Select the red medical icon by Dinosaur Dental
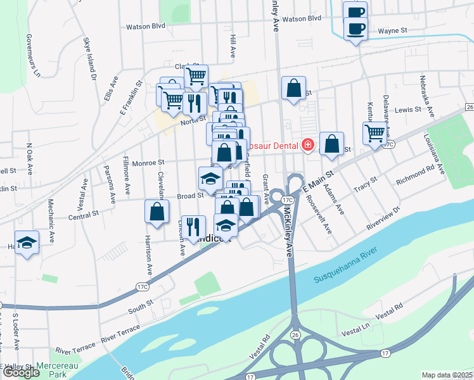tap(308, 145)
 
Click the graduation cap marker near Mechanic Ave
tap(27, 243)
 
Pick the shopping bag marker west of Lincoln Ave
tap(157, 212)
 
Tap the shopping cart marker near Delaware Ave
tap(375, 133)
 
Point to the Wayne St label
tap(392, 30)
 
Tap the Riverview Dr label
tap(384, 218)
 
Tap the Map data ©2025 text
tap(447, 375)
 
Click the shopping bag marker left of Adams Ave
tap(331, 144)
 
